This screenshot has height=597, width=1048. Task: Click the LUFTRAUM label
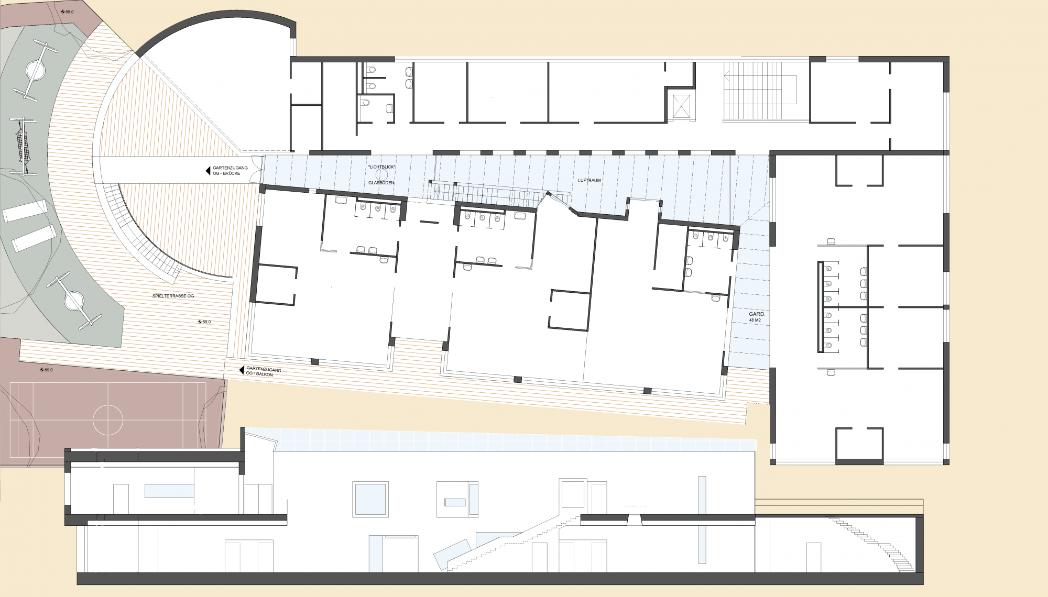[589, 181]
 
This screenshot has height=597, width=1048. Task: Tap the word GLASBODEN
[381, 183]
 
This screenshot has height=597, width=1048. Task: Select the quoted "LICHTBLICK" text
[382, 167]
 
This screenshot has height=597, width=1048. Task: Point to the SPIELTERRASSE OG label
[173, 296]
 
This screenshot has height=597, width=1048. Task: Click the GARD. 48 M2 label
[757, 317]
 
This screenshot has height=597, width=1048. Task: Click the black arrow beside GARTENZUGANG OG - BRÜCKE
[208, 171]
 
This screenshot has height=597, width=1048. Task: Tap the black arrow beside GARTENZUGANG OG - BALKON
[242, 370]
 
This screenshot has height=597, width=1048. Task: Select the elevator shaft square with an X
[681, 106]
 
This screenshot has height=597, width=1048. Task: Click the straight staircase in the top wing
[760, 91]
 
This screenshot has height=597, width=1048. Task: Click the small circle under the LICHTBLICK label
[382, 174]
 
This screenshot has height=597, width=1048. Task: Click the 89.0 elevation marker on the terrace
[204, 322]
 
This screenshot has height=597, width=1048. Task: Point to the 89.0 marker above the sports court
[47, 370]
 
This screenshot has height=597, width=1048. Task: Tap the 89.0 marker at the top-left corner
[67, 12]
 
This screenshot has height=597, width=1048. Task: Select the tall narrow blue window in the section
[702, 519]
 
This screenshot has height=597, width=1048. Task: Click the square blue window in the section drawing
[370, 499]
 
